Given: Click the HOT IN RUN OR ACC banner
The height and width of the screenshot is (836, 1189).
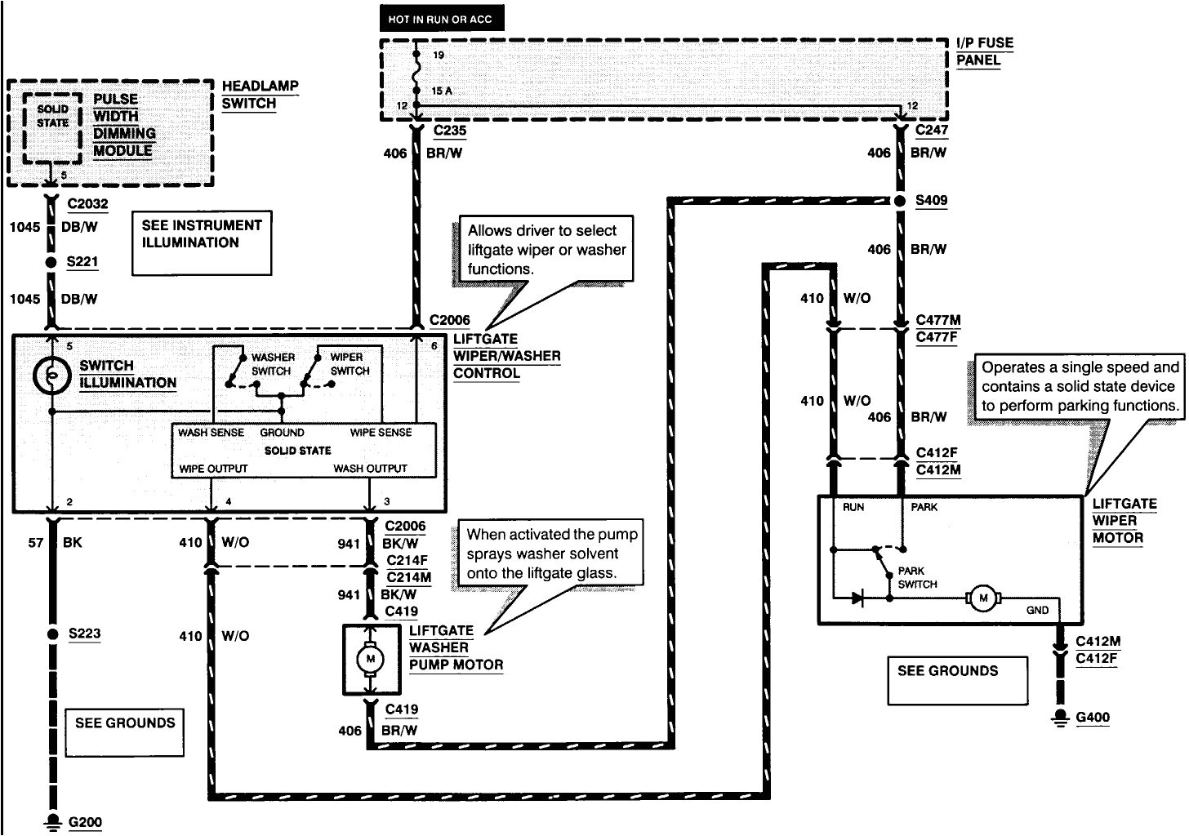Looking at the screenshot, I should click(441, 18).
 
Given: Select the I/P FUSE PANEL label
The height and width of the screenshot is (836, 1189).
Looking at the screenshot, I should click(984, 51).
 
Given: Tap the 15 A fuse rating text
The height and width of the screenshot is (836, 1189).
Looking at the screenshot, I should click(442, 91).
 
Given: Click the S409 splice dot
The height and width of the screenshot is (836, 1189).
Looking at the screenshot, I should click(900, 200).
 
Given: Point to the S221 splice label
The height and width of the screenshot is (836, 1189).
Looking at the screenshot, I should click(82, 262).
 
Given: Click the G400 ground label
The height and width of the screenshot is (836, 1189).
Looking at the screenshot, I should click(1092, 718).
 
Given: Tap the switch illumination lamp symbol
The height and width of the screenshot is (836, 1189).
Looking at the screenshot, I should click(51, 376).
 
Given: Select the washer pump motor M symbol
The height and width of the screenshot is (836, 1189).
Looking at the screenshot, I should click(371, 659).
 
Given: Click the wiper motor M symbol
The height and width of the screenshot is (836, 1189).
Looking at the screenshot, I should click(983, 598).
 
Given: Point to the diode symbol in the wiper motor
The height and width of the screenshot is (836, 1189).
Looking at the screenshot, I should click(857, 598).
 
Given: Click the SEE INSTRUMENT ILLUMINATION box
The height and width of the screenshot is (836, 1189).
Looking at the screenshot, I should click(201, 242).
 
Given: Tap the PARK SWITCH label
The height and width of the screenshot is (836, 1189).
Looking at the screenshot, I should click(917, 577).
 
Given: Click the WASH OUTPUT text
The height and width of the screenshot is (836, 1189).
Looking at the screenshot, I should click(370, 469).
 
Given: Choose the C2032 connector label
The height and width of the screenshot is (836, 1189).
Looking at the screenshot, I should click(87, 204).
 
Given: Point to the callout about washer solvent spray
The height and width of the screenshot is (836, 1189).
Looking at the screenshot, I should click(550, 554).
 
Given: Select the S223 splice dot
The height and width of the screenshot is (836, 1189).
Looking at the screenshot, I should click(52, 634).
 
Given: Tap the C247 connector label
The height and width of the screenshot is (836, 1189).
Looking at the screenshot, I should click(931, 130).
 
